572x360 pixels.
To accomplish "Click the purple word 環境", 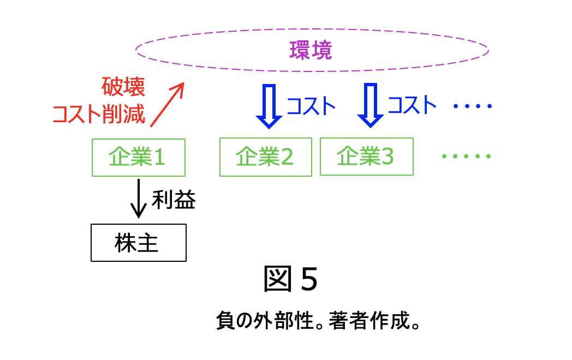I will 311,51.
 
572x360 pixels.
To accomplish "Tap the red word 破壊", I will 123,87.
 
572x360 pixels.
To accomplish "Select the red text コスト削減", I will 99,115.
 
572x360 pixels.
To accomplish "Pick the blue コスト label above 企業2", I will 311,106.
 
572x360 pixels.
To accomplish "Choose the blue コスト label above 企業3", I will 412,105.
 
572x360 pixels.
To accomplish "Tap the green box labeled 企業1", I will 138,158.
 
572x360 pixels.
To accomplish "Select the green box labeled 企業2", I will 265,157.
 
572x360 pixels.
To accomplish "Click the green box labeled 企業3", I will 366,157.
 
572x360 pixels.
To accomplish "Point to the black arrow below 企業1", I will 139,199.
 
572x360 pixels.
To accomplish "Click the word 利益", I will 174,201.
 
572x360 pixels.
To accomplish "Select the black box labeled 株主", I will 138,243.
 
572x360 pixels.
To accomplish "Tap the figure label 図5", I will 290,279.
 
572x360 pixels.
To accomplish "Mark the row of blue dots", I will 472,106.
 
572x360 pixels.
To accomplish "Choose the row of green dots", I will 466,157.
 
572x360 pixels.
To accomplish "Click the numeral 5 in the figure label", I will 308,280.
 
